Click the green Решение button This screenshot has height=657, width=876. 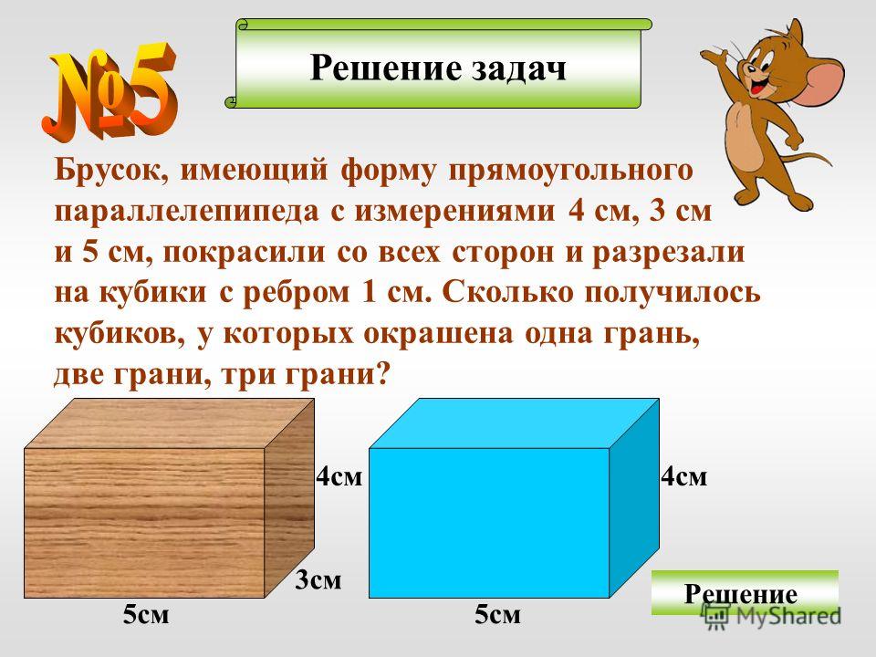[x=745, y=592]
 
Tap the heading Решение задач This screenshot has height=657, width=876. [x=438, y=68]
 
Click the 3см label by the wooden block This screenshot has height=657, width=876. [x=318, y=580]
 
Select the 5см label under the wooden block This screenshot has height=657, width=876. [x=146, y=614]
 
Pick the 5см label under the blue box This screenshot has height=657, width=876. [x=498, y=614]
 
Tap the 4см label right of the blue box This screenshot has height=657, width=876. [x=684, y=476]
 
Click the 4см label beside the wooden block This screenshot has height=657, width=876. [x=339, y=476]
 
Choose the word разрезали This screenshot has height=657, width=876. [x=668, y=253]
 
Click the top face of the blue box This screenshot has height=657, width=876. [x=514, y=422]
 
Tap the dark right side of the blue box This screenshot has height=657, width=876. [x=634, y=497]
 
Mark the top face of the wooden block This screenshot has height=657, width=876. [x=169, y=422]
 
